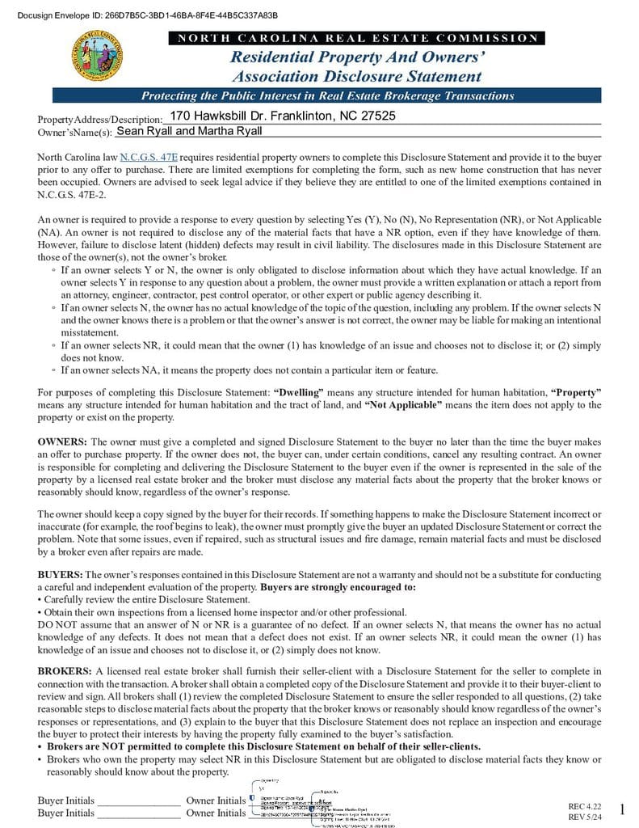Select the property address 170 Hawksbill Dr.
[283, 116]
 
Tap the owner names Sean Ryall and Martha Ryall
[189, 131]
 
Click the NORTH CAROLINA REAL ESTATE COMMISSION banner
[356, 38]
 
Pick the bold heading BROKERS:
[65, 671]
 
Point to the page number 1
[622, 809]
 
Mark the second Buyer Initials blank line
[138, 813]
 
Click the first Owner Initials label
[216, 801]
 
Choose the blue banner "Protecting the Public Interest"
[327, 95]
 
